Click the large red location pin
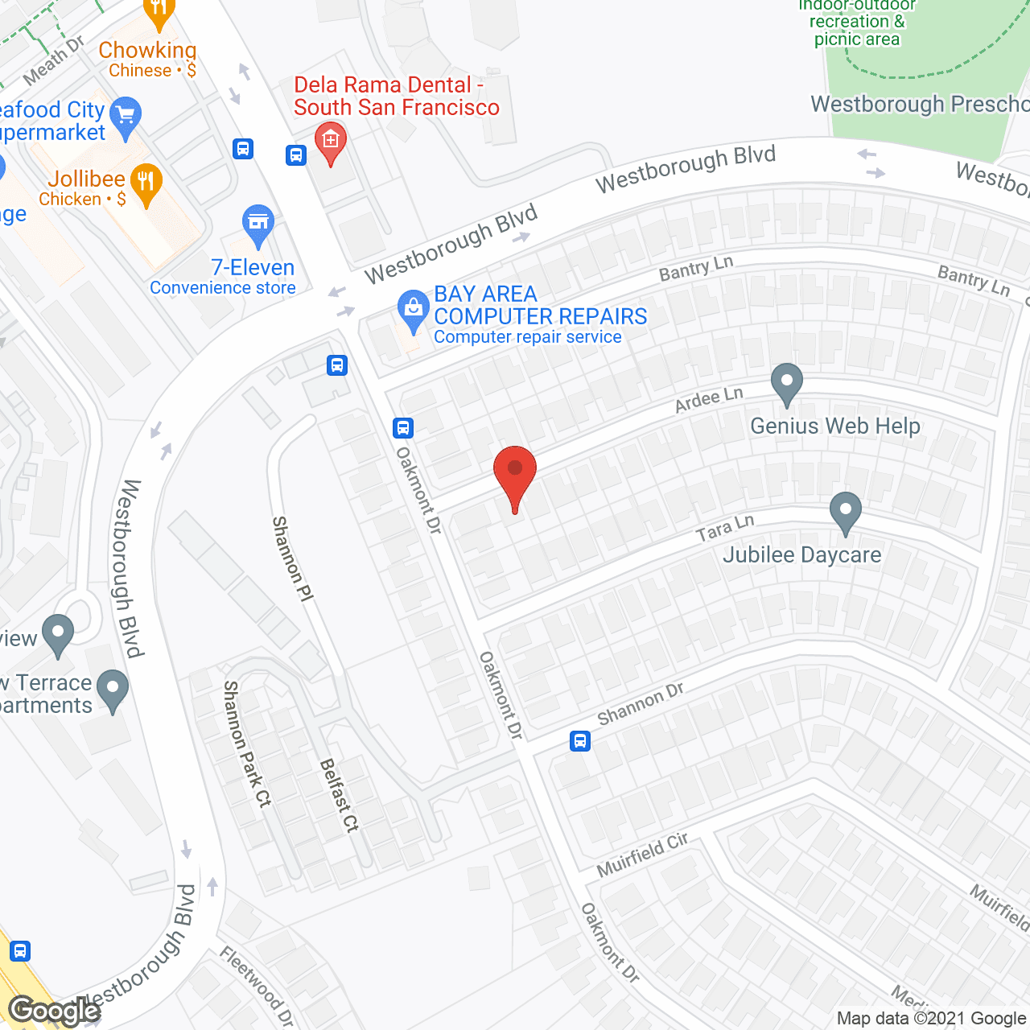click(514, 475)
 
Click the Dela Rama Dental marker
click(330, 142)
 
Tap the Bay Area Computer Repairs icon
click(414, 310)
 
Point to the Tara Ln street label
click(725, 529)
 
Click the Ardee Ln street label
click(709, 399)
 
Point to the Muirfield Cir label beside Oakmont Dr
click(642, 855)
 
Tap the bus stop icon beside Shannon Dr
click(580, 741)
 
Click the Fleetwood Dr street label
click(257, 987)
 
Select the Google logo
click(54, 1011)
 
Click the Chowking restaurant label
click(147, 51)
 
